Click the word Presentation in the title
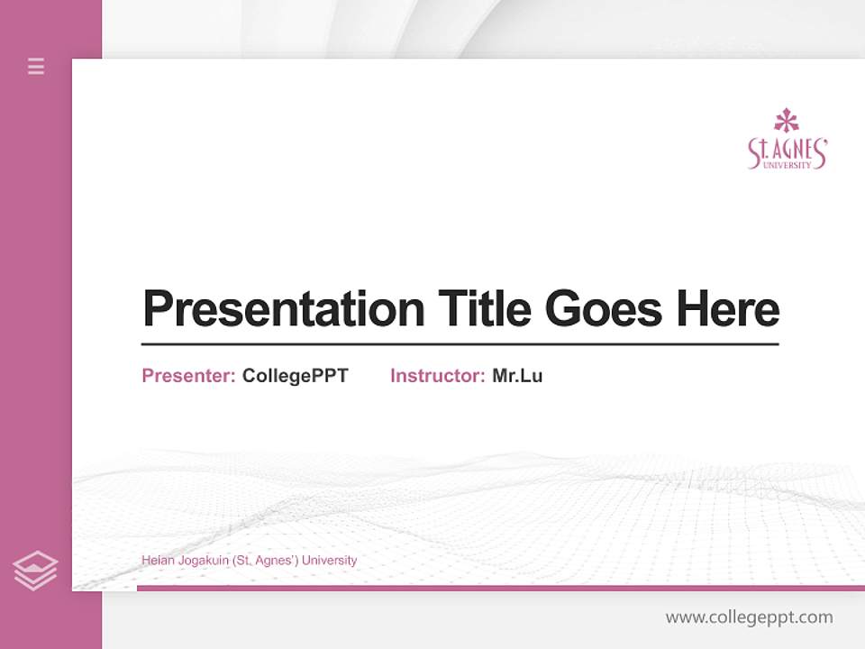coord(283,309)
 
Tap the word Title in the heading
coord(483,309)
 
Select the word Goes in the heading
coord(604,309)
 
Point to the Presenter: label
coord(188,376)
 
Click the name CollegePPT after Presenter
coord(295,376)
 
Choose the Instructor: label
coord(437,376)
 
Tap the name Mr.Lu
coord(517,376)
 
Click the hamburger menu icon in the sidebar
coord(36,66)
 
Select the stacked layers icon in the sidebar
coord(35,571)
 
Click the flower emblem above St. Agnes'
coord(787,121)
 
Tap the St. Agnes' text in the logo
coord(787,150)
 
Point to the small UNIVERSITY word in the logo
coord(787,165)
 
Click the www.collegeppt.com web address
coord(749,617)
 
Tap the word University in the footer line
coord(329,561)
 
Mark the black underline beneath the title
coord(460,344)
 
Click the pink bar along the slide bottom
coord(500,588)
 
